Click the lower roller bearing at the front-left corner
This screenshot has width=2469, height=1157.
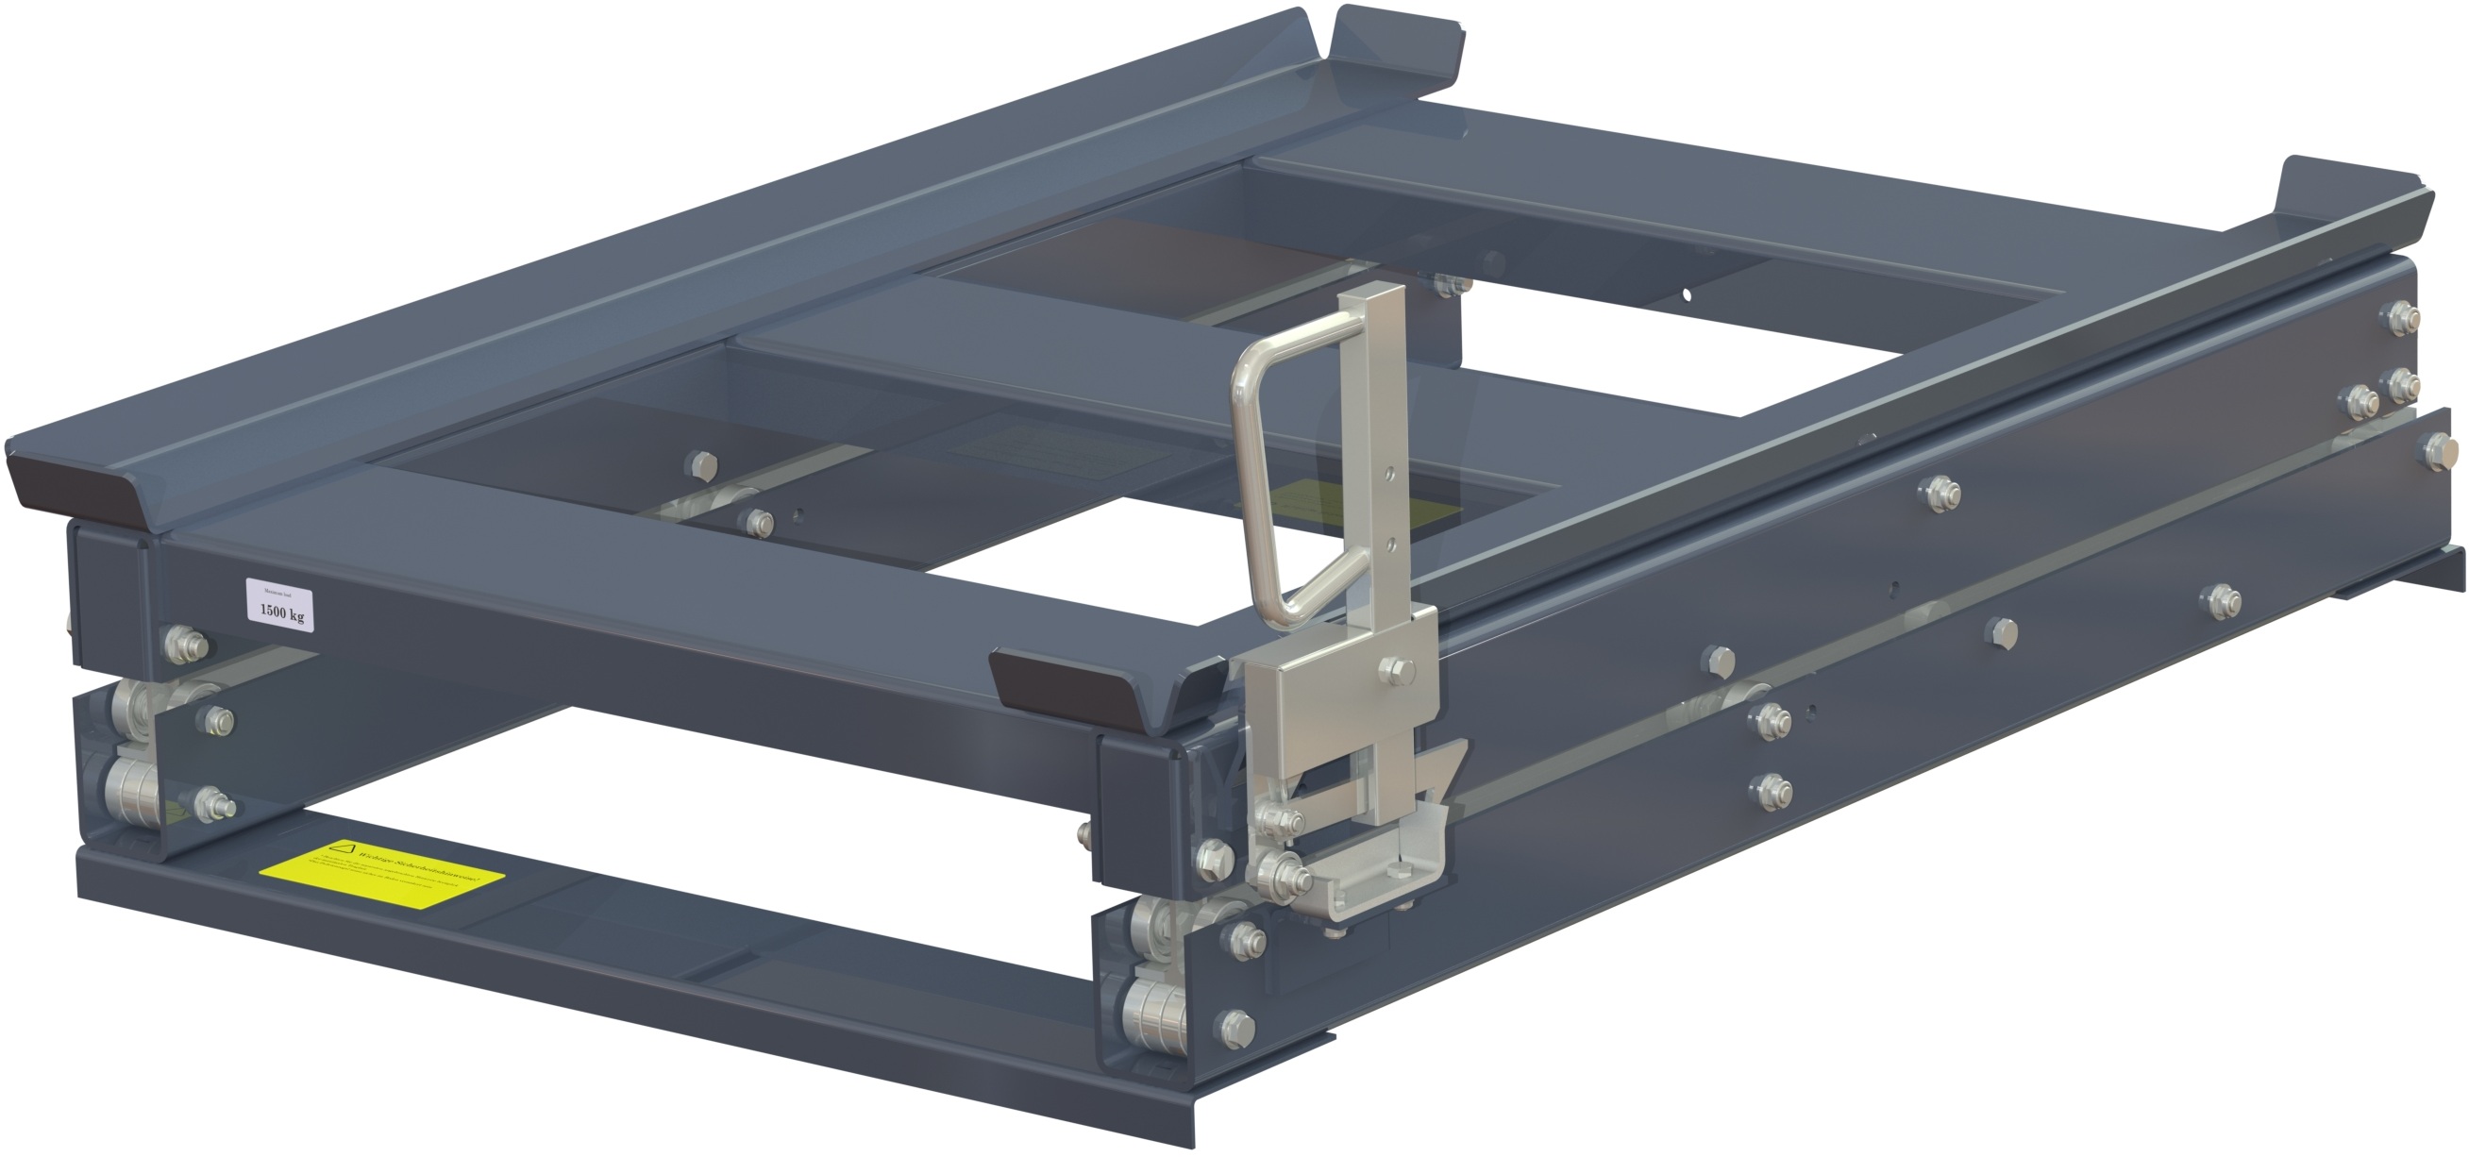pos(134,794)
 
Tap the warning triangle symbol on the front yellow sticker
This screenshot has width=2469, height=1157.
pos(344,848)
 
